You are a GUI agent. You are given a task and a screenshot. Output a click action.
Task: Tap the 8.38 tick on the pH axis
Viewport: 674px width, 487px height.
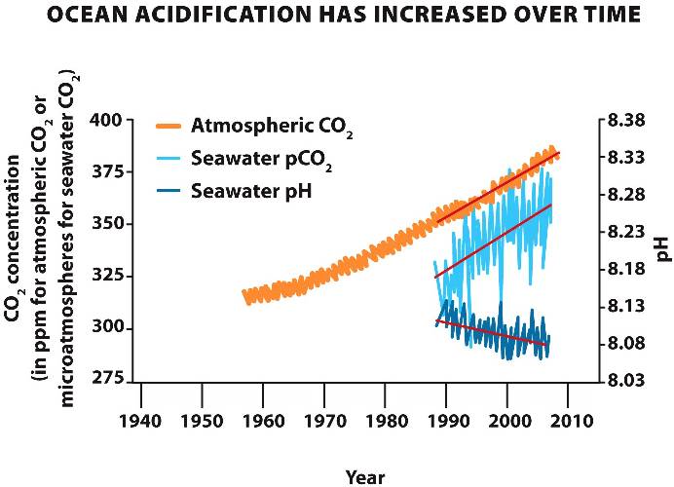point(627,121)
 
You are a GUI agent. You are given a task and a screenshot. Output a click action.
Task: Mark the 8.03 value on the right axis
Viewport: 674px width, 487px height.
point(627,379)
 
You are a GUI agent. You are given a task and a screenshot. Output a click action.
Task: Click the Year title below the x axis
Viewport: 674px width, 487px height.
point(365,476)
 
